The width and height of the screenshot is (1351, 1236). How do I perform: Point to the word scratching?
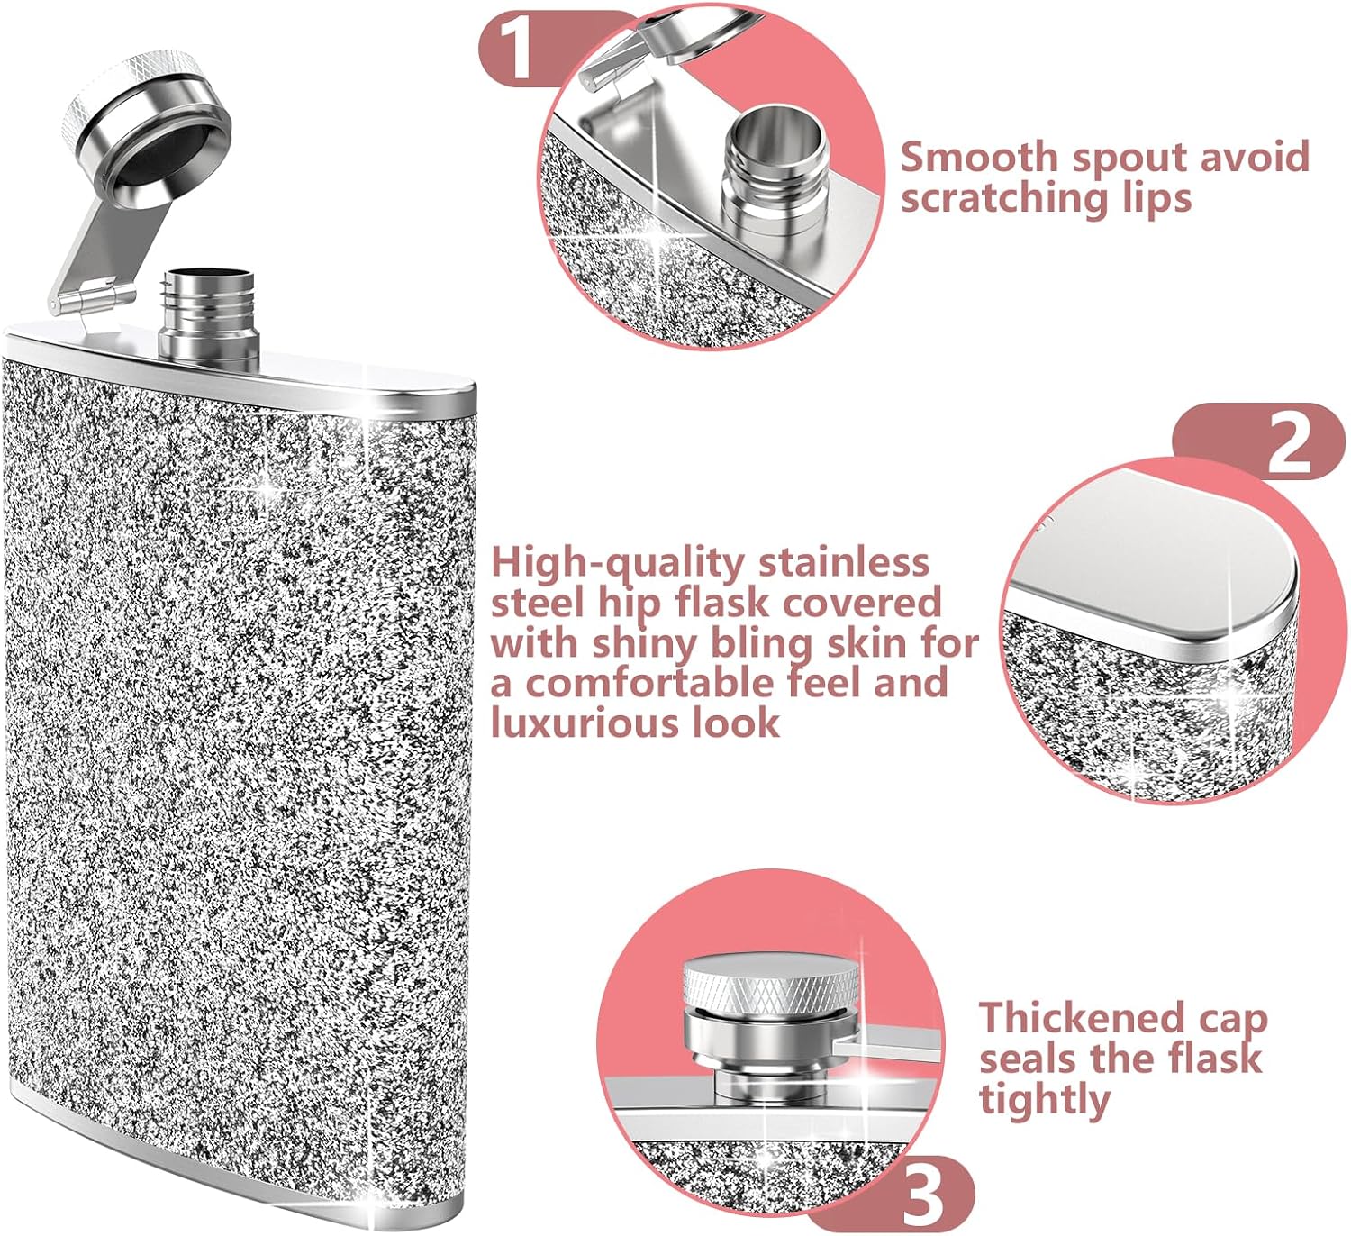click(x=997, y=199)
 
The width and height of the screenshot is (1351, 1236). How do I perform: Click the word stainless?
click(x=845, y=562)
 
